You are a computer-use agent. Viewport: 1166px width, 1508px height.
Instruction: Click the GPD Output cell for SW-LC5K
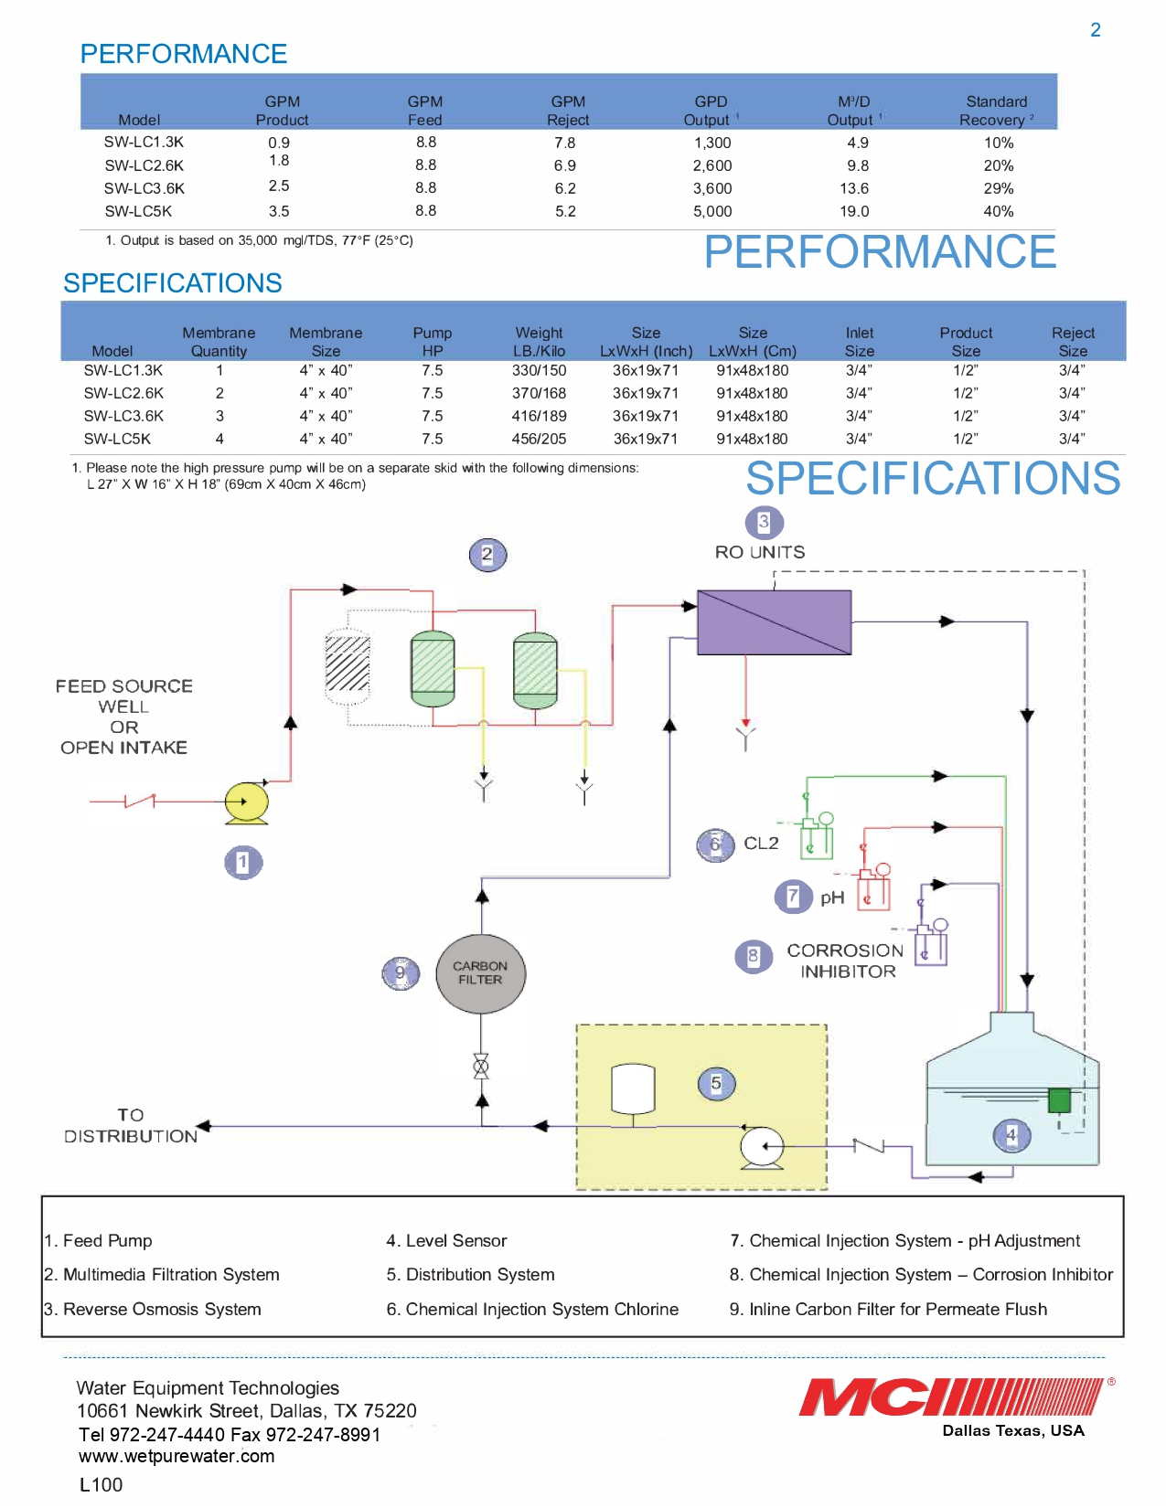coord(711,211)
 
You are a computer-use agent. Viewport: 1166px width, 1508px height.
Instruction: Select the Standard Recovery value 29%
coord(998,188)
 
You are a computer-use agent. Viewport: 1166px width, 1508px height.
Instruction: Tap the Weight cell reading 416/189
coord(539,416)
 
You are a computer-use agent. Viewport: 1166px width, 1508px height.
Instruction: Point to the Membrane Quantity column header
coord(219,342)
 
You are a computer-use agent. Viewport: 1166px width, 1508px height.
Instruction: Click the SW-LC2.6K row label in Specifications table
coord(123,393)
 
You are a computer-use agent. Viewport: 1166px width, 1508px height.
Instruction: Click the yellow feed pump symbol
coord(246,802)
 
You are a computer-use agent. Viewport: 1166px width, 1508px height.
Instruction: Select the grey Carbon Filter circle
coord(480,973)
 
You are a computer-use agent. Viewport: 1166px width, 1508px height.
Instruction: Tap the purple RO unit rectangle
coord(774,622)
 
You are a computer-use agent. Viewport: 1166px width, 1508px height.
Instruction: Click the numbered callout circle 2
coord(487,554)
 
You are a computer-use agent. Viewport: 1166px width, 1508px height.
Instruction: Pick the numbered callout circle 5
coord(716,1084)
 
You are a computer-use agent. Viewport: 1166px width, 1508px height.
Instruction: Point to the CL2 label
coord(761,843)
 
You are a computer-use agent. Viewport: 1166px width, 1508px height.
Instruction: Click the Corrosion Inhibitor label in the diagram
coord(845,961)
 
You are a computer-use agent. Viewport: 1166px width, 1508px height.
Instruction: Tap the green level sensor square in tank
coord(1059,1099)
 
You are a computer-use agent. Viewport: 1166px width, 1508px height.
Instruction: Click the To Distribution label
coord(131,1126)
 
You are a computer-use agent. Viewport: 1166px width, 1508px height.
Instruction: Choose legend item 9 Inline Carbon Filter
coord(888,1309)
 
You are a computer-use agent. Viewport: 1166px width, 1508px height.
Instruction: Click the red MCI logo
coord(951,1397)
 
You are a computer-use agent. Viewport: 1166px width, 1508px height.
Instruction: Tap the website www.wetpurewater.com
coord(177,1456)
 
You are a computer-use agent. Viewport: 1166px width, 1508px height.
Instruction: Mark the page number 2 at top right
coord(1095,30)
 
